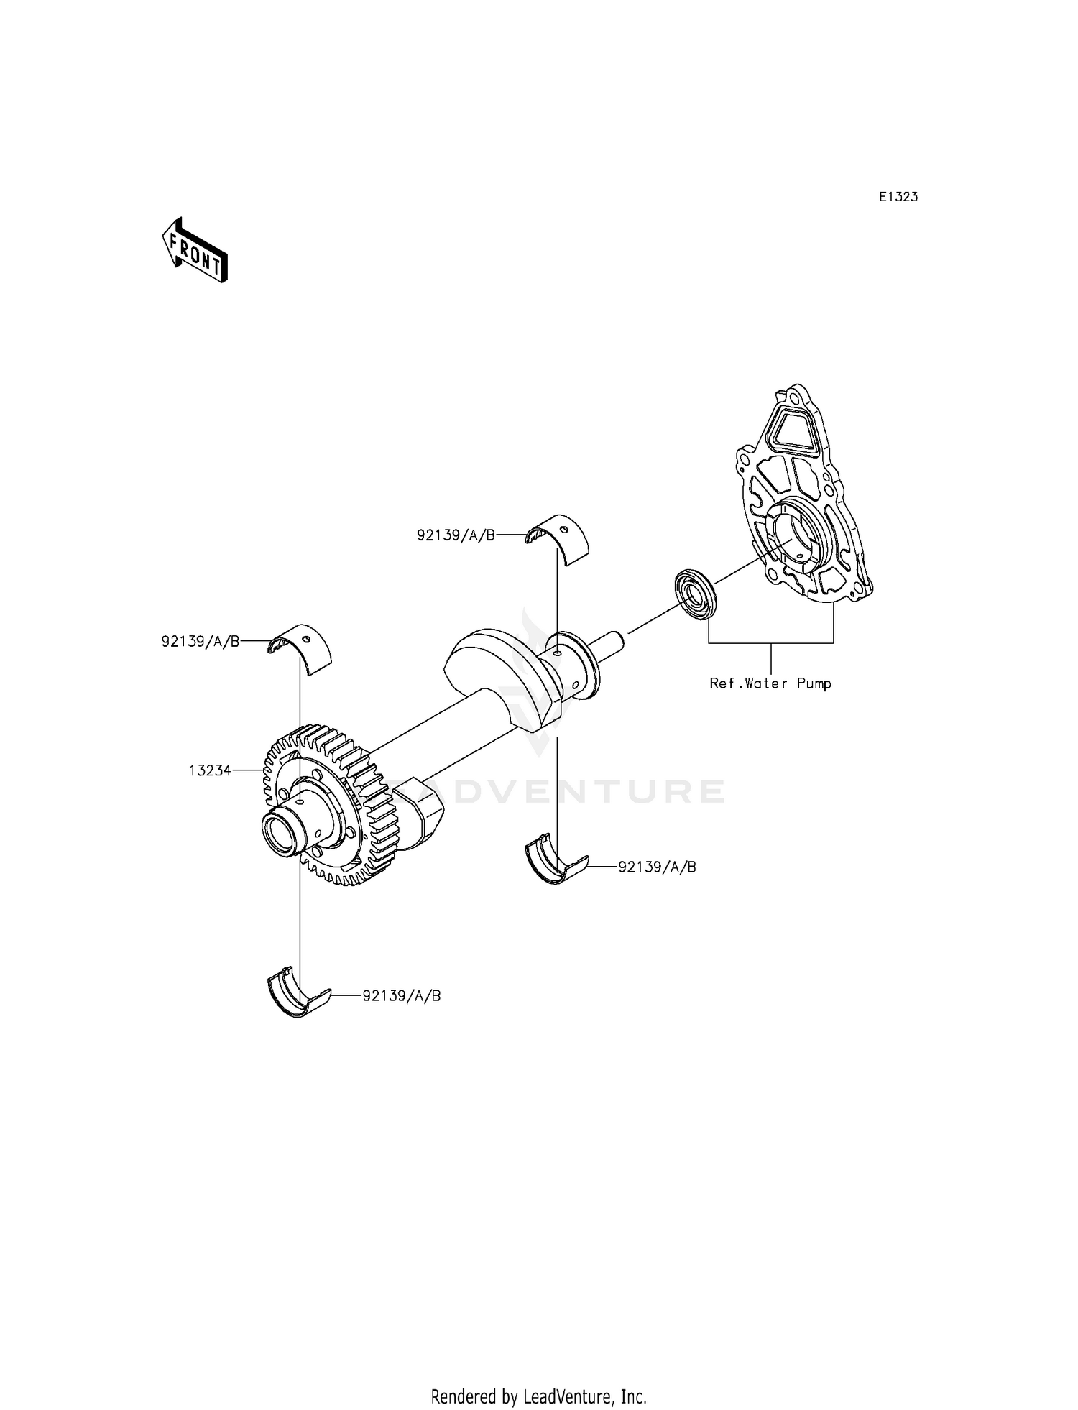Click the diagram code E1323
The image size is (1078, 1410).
coord(898,196)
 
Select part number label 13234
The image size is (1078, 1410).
coord(210,770)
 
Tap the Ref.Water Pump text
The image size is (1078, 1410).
coord(770,683)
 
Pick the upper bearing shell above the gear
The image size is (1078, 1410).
coord(300,649)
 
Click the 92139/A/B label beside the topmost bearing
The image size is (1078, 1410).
coord(456,535)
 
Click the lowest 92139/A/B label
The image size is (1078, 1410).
coord(402,996)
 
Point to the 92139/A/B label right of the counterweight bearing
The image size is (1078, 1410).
coord(657,867)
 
